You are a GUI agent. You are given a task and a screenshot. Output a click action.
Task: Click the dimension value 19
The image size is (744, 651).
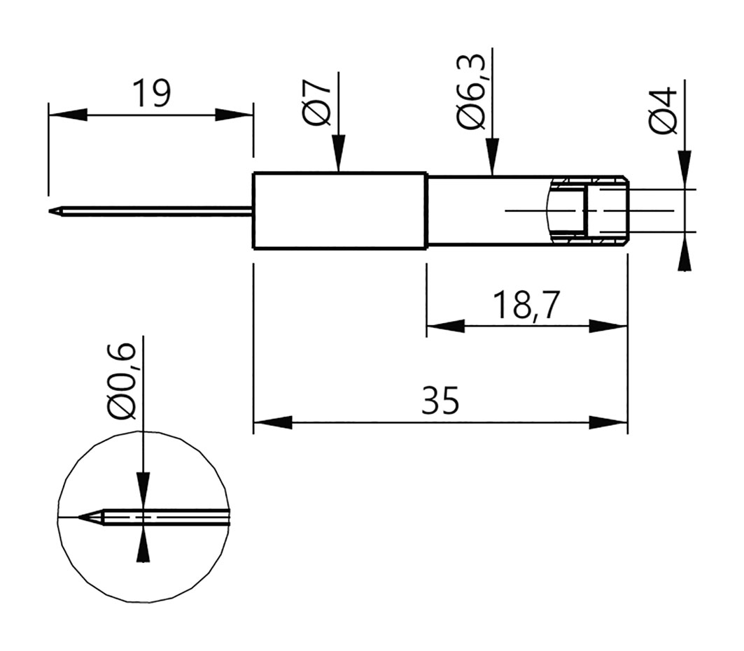point(151,94)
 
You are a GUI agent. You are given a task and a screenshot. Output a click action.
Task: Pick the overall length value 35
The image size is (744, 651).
point(440,400)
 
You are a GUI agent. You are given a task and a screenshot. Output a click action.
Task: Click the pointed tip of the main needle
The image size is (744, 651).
point(50,211)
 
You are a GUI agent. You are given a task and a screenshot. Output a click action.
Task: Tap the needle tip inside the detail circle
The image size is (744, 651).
point(79,517)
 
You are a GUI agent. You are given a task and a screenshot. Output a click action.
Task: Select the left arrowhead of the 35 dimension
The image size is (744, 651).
point(272,422)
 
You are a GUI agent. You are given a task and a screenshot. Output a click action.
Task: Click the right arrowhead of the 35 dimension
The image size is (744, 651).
point(608,422)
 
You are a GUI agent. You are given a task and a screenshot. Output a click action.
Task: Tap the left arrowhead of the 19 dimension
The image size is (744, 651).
point(68,115)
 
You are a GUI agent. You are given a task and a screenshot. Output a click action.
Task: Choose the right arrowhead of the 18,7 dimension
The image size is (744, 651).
point(608,327)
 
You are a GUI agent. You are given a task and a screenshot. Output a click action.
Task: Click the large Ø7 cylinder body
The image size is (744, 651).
point(339,210)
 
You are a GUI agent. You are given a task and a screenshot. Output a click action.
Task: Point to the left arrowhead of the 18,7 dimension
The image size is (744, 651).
point(446,327)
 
